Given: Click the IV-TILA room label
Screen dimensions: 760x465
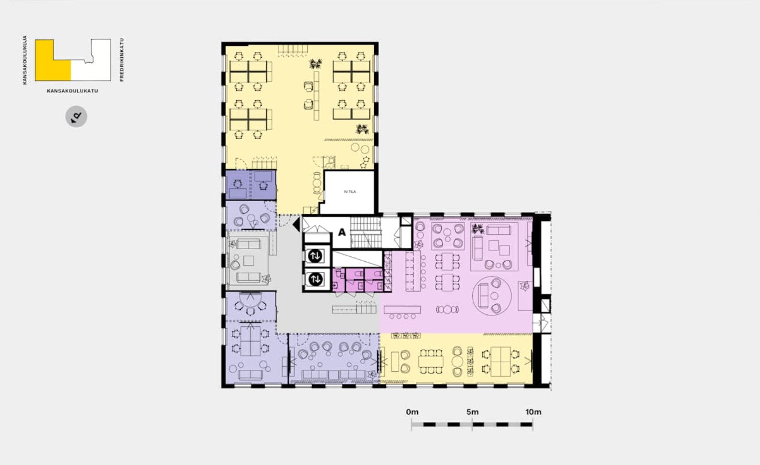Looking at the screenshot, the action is (x=350, y=191).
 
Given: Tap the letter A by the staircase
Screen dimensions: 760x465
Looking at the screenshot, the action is (x=342, y=232).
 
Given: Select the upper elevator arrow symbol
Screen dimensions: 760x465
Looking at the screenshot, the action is (x=315, y=256).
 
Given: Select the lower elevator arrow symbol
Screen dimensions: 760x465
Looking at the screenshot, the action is (x=315, y=279).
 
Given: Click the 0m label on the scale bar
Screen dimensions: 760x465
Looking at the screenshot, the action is (x=412, y=412).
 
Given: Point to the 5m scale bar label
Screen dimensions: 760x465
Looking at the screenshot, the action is (x=472, y=412).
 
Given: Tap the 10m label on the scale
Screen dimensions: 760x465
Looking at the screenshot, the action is (x=533, y=412).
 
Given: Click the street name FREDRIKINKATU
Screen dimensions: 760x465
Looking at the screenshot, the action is (x=122, y=59).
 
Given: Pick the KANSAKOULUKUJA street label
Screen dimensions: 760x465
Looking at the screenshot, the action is (x=24, y=60).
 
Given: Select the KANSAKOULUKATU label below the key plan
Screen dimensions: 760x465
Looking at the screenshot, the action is (x=72, y=91).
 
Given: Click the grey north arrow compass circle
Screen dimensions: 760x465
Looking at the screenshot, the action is (x=76, y=117).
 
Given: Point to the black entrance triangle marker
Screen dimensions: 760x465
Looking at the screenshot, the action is (x=296, y=224).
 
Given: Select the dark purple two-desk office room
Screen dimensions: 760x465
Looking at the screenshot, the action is (x=251, y=185).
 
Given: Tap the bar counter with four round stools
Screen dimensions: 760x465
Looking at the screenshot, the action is (x=402, y=312).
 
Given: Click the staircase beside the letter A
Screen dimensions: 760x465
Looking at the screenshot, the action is (x=366, y=232).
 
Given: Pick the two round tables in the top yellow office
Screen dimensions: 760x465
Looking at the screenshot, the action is (x=360, y=148).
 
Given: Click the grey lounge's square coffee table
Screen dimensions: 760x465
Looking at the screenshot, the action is (x=249, y=261).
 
